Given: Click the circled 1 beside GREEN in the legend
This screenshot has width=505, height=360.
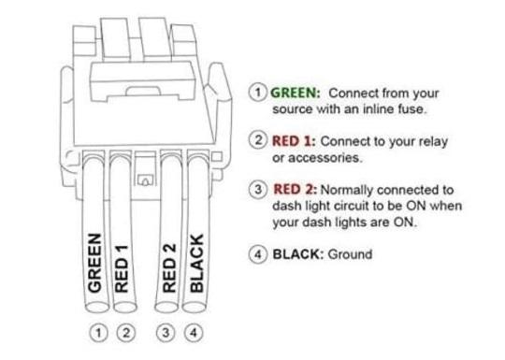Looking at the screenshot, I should [x=258, y=93].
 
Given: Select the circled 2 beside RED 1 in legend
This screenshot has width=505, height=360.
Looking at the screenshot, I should [x=258, y=140].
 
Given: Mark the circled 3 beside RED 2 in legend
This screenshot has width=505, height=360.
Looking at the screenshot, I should [x=258, y=190].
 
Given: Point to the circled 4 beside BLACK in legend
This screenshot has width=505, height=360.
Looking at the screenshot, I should [x=258, y=253].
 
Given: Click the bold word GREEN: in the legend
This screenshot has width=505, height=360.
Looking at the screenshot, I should [x=296, y=93].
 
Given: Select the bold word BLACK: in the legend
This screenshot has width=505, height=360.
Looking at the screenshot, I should [x=296, y=253].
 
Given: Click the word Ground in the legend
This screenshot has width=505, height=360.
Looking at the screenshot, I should [x=349, y=253].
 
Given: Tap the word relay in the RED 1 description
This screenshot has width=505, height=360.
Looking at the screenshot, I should [x=432, y=140].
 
